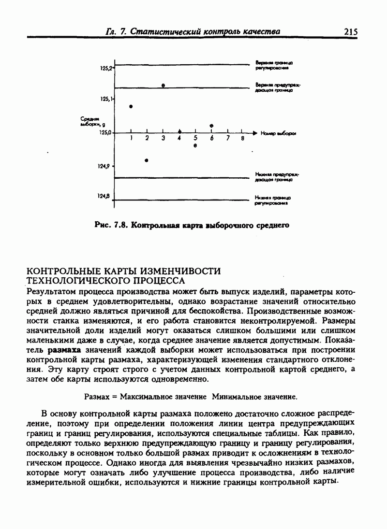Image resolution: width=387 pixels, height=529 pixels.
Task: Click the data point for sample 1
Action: [131, 106]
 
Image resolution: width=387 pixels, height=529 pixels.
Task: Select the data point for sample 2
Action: [147, 160]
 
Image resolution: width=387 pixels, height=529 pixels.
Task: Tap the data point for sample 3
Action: [164, 86]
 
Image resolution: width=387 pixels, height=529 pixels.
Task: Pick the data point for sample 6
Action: [211, 126]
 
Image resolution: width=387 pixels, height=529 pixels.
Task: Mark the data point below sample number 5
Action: [195, 145]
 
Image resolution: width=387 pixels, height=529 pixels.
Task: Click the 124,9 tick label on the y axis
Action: [104, 166]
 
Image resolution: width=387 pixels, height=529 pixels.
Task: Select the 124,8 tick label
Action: [104, 196]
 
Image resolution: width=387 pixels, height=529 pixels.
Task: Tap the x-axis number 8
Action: [242, 139]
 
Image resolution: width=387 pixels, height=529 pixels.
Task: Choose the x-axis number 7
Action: [227, 139]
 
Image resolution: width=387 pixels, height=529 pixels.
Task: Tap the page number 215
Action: [351, 32]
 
